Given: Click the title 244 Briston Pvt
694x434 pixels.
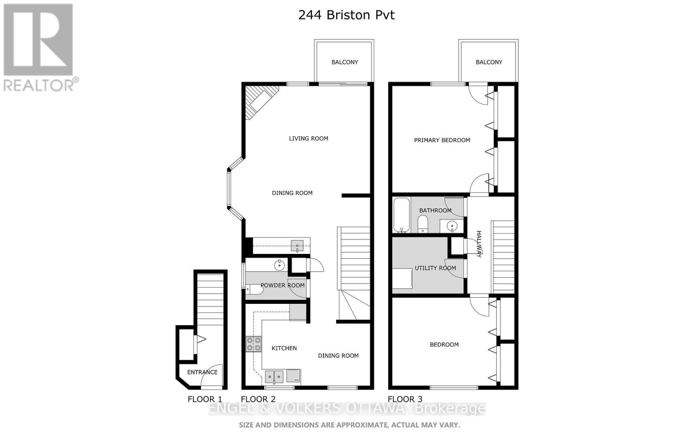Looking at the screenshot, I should pos(346,15).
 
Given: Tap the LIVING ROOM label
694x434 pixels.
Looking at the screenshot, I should pos(308,138).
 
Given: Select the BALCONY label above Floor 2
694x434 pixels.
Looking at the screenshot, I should pos(344,62).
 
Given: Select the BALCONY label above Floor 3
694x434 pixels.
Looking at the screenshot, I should pos(489,62).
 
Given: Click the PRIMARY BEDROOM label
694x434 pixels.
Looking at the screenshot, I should pos(442,140).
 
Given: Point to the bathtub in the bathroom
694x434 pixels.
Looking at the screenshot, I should pos(401,215).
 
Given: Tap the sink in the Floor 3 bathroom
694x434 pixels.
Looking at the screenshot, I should pos(452,226).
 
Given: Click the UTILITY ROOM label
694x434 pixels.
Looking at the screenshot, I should pos(435,268).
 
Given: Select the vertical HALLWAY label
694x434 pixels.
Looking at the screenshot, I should pos(479,244).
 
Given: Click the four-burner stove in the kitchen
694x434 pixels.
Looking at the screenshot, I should pos(253,344).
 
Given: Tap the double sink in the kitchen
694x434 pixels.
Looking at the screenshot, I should pos(274,376).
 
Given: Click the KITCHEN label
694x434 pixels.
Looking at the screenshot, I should pos(284,348).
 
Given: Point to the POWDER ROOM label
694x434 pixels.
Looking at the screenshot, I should pos(282,285).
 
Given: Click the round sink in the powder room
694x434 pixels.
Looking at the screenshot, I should pos(279,264).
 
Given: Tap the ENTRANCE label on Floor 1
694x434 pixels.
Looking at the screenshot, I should pos(202,372).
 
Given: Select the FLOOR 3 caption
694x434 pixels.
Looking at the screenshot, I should pos(405,399).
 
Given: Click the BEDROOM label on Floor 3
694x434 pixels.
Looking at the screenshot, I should pos(444,345).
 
